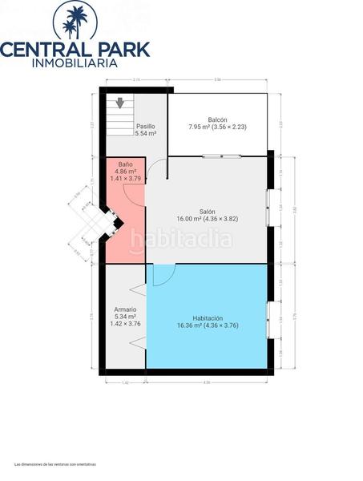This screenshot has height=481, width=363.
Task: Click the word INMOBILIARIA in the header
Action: [75, 63]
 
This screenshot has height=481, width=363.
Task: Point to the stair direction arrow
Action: [119, 103]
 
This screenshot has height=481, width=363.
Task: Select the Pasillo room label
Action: [145, 126]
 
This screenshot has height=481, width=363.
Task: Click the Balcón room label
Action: [219, 119]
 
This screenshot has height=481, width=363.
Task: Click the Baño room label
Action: [125, 164]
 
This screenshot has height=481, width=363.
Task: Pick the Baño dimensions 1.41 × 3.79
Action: [125, 179]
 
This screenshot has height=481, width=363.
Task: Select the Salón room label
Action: [207, 210]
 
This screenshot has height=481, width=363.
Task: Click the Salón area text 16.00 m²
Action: [192, 218]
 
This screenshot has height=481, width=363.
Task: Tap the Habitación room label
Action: [208, 317]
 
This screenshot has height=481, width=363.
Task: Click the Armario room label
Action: [124, 309]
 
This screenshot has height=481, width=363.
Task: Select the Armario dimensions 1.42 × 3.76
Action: [124, 324]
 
